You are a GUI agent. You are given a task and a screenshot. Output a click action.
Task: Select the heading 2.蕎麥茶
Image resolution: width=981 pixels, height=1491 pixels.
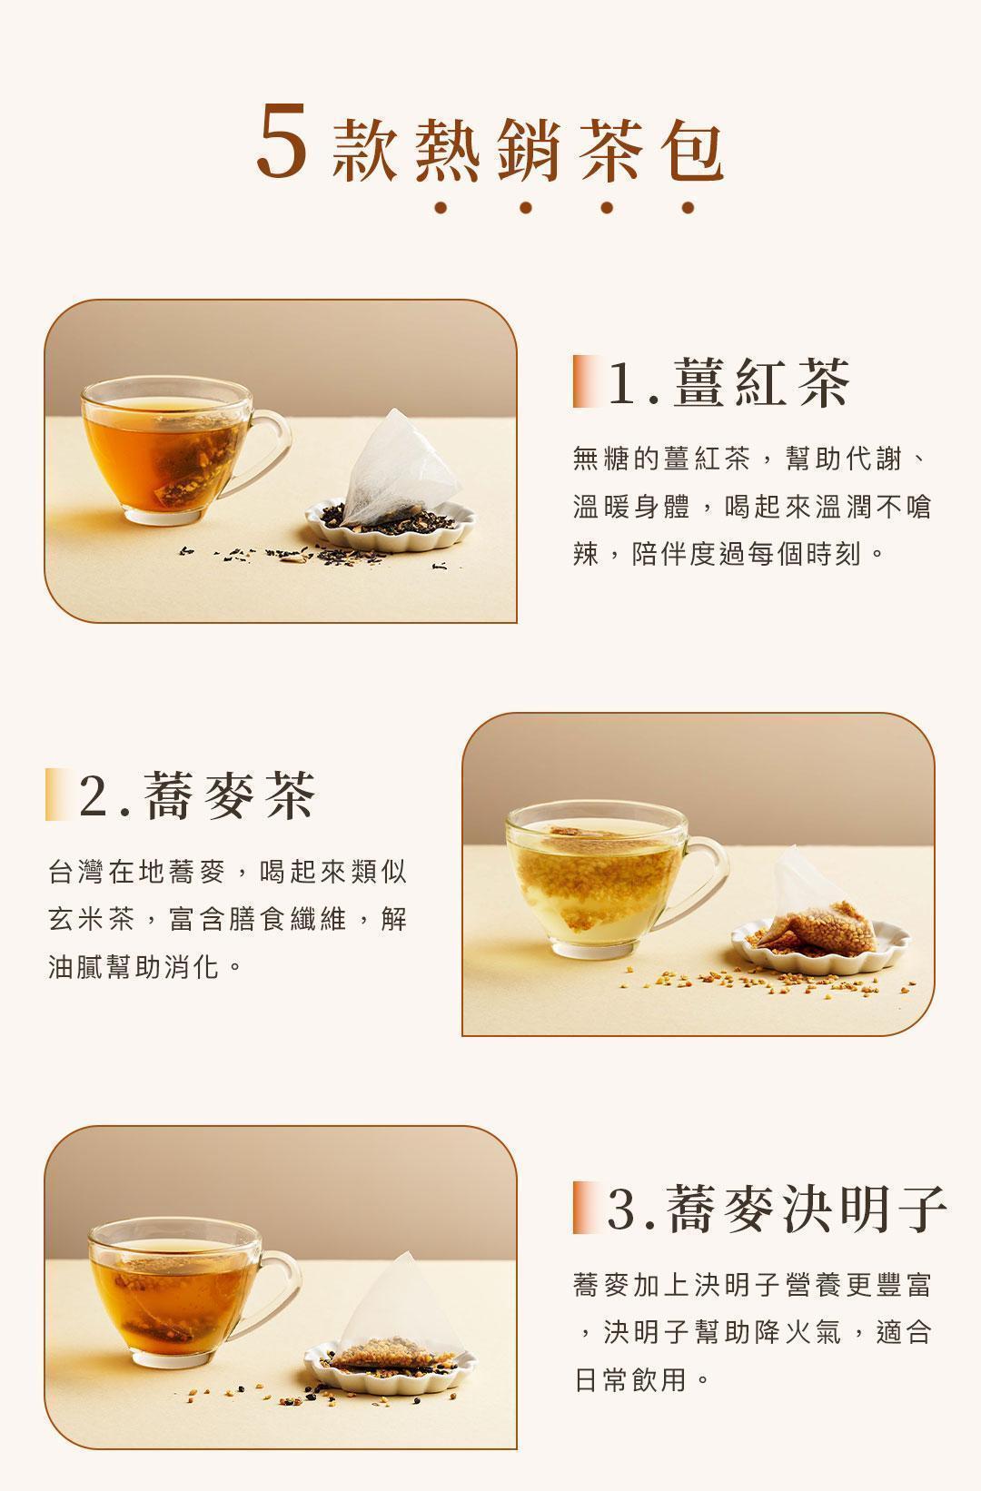(x=198, y=796)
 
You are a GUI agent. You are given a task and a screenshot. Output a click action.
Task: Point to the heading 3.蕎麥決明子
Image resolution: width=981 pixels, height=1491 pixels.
(x=778, y=1209)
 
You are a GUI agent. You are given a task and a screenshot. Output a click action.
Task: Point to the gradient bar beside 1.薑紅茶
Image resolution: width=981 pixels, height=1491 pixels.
(x=586, y=382)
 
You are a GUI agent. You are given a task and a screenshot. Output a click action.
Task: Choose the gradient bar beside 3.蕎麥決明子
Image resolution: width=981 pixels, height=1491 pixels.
(x=586, y=1209)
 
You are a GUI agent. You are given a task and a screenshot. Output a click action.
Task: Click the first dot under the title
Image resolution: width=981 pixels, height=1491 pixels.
(x=441, y=208)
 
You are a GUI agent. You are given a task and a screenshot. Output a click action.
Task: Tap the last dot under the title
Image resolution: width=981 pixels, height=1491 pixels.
(x=688, y=208)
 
